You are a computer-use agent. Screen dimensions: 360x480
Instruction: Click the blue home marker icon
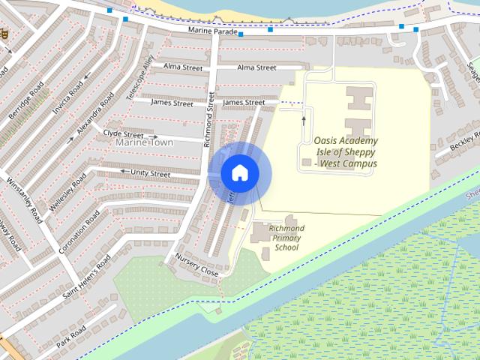click(x=239, y=173)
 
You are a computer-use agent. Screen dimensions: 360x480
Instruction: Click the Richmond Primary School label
click(x=286, y=237)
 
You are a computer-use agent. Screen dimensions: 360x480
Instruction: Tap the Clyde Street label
click(x=123, y=133)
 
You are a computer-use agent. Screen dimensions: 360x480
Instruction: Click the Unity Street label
click(x=150, y=173)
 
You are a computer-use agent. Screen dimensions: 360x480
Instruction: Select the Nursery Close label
click(x=196, y=265)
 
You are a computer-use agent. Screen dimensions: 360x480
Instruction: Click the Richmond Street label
click(x=210, y=120)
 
